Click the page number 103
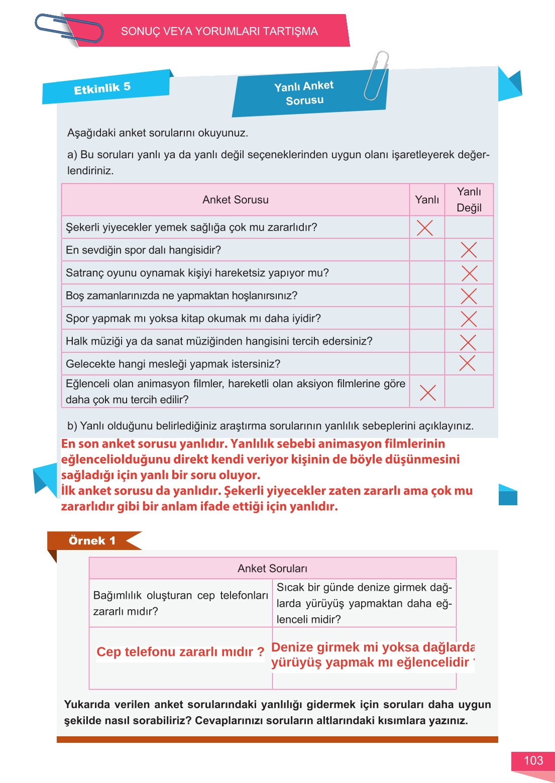coord(533,760)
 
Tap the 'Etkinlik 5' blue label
coord(102,88)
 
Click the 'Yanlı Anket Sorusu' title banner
coord(304,93)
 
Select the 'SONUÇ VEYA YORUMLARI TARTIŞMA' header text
coord(219,31)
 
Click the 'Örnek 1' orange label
coord(92,540)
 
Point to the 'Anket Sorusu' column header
coord(235,200)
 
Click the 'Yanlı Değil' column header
coord(469,200)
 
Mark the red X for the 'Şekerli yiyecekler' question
coord(425,228)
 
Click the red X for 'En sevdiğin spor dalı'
coord(469,250)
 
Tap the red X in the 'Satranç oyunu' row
coord(469,273)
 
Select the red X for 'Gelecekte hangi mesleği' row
coord(467,363)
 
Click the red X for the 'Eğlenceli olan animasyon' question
coord(427,392)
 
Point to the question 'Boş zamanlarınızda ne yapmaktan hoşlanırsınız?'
coord(181,296)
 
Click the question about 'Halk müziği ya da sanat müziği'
coord(219,342)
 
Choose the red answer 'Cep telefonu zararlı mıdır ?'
coord(180,652)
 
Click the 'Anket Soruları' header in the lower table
coord(272,569)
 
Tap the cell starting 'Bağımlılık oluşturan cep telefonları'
coord(180,603)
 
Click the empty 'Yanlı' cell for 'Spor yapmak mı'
coord(427,318)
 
